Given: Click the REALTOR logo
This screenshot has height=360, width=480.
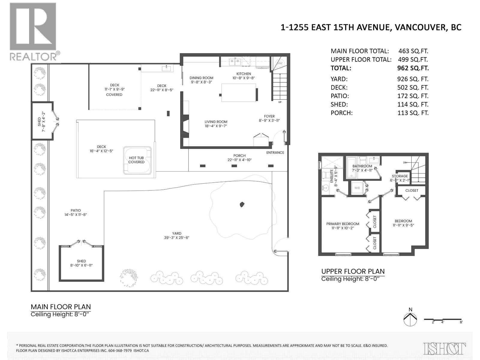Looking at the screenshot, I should (x=33, y=31).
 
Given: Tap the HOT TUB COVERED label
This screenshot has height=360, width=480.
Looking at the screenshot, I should (x=136, y=160).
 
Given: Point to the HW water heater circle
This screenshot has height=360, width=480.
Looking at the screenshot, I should (x=280, y=63).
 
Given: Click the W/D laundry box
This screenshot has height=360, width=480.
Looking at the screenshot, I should (x=357, y=188).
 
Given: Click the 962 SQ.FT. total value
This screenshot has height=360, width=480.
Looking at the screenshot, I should (x=413, y=68).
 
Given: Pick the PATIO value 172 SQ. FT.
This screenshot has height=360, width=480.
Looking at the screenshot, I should (x=413, y=96).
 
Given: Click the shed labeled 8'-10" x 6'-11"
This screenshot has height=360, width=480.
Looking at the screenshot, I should (x=81, y=263).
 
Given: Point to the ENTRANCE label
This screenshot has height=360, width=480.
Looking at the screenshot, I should (x=275, y=152).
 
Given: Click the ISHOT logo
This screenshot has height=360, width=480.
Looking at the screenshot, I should (x=445, y=349).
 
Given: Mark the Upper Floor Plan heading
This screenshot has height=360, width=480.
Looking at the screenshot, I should (x=353, y=271).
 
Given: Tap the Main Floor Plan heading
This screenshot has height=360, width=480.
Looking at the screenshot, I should (x=61, y=307).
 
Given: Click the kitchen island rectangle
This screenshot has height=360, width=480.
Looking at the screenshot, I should (x=238, y=93).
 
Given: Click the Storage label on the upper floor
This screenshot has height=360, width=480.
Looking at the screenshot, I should (x=400, y=176).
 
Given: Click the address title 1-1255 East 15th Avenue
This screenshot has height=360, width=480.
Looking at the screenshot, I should (x=371, y=27).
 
